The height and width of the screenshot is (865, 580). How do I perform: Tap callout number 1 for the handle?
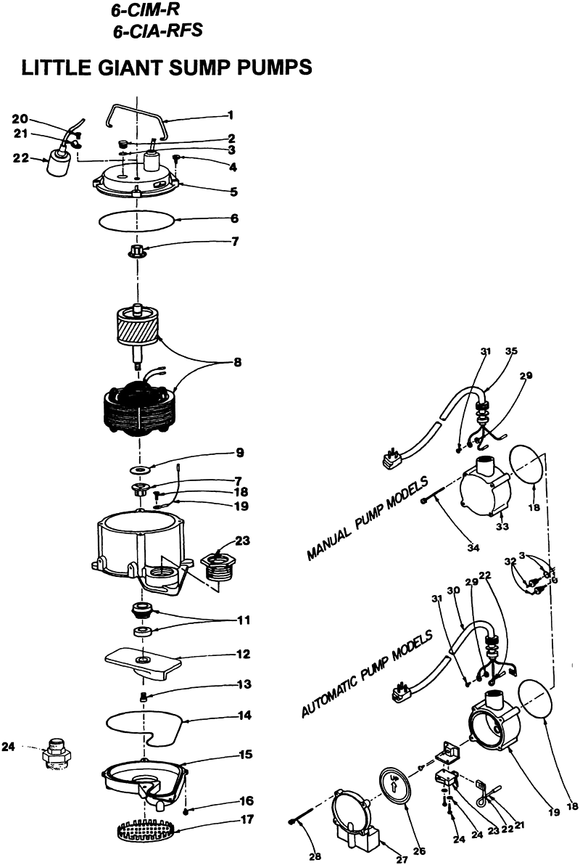(230, 114)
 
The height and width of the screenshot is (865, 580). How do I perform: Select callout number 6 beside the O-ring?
(234, 218)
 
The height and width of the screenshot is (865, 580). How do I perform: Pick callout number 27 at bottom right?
(402, 859)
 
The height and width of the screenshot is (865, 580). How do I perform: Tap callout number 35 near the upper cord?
(511, 350)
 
